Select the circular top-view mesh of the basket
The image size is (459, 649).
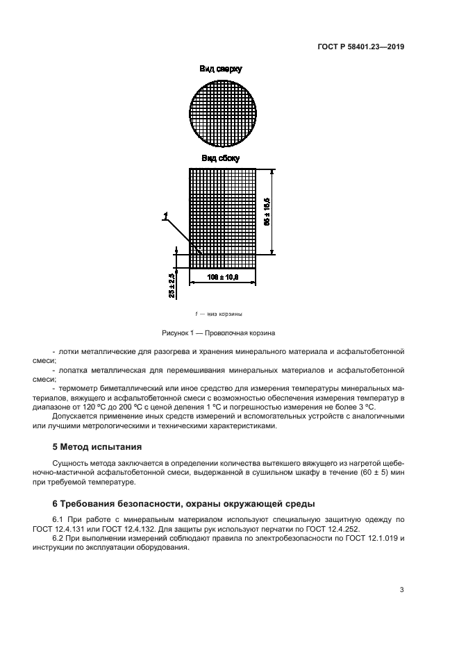pyautogui.click(x=223, y=112)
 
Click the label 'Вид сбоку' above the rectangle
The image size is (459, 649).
pyautogui.click(x=220, y=158)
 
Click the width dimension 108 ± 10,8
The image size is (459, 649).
pyautogui.click(x=223, y=277)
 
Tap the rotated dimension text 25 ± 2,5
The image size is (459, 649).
pyautogui.click(x=172, y=285)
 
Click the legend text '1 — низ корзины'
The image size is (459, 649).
pyautogui.click(x=219, y=314)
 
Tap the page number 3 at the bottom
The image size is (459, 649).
pyautogui.click(x=401, y=590)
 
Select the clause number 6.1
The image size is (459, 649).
pyautogui.click(x=60, y=519)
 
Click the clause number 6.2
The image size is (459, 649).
pyautogui.click(x=60, y=539)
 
